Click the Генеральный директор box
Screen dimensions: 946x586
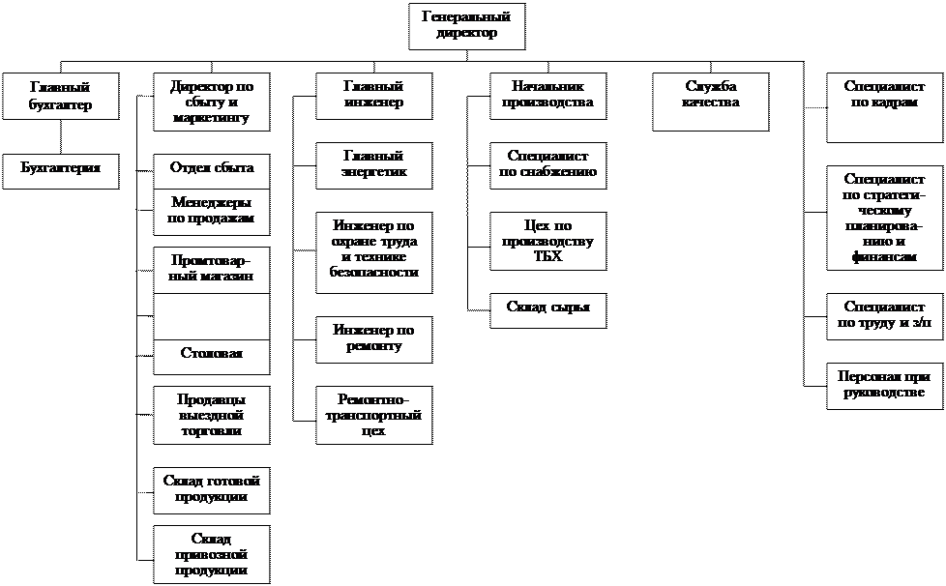(x=467, y=26)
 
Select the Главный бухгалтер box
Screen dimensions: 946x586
(x=61, y=96)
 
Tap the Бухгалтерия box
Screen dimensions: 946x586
(x=61, y=171)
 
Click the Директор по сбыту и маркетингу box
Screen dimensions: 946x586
(x=212, y=102)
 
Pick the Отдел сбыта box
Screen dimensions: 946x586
(x=212, y=171)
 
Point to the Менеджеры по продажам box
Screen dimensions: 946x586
(x=212, y=212)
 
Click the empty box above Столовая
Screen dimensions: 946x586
(x=212, y=316)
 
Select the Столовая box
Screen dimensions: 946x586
(x=212, y=357)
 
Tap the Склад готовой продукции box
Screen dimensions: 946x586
(x=212, y=490)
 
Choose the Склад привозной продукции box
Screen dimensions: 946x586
(x=212, y=554)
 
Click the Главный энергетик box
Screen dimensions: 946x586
(x=374, y=165)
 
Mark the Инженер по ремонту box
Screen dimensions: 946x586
(x=374, y=339)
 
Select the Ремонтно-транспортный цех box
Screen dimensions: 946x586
(x=374, y=415)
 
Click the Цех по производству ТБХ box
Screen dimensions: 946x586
(x=548, y=241)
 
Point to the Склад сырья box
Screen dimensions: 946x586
(x=548, y=310)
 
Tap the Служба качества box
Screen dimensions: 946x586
(x=711, y=102)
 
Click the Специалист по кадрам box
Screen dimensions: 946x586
(x=884, y=108)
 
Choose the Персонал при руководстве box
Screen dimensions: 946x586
(x=884, y=386)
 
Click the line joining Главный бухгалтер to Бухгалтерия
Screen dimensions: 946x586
(x=61, y=137)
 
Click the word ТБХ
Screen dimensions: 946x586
(x=548, y=256)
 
